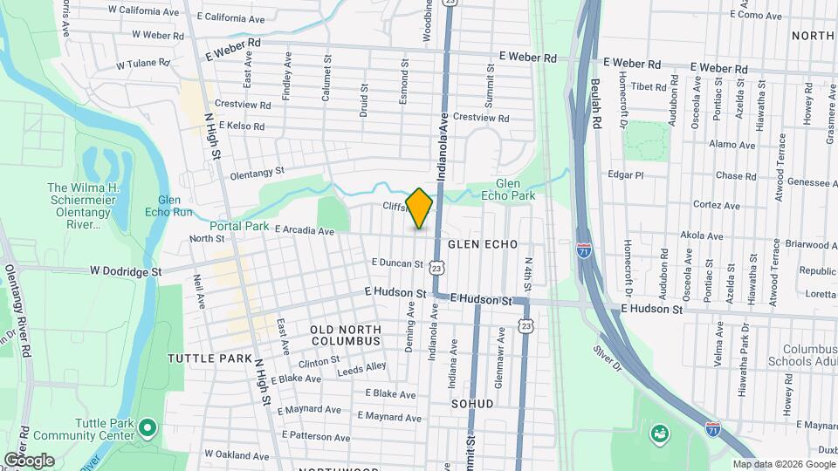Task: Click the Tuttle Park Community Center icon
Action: (147, 427)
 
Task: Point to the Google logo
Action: (29, 460)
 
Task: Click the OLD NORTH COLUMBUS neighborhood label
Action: (347, 335)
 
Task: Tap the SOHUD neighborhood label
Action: (472, 404)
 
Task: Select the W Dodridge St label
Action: (126, 271)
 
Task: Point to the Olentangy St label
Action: (258, 174)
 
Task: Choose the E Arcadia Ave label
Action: (305, 231)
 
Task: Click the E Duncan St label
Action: (397, 263)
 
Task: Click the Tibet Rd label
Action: (648, 85)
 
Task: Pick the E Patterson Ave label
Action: (315, 435)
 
